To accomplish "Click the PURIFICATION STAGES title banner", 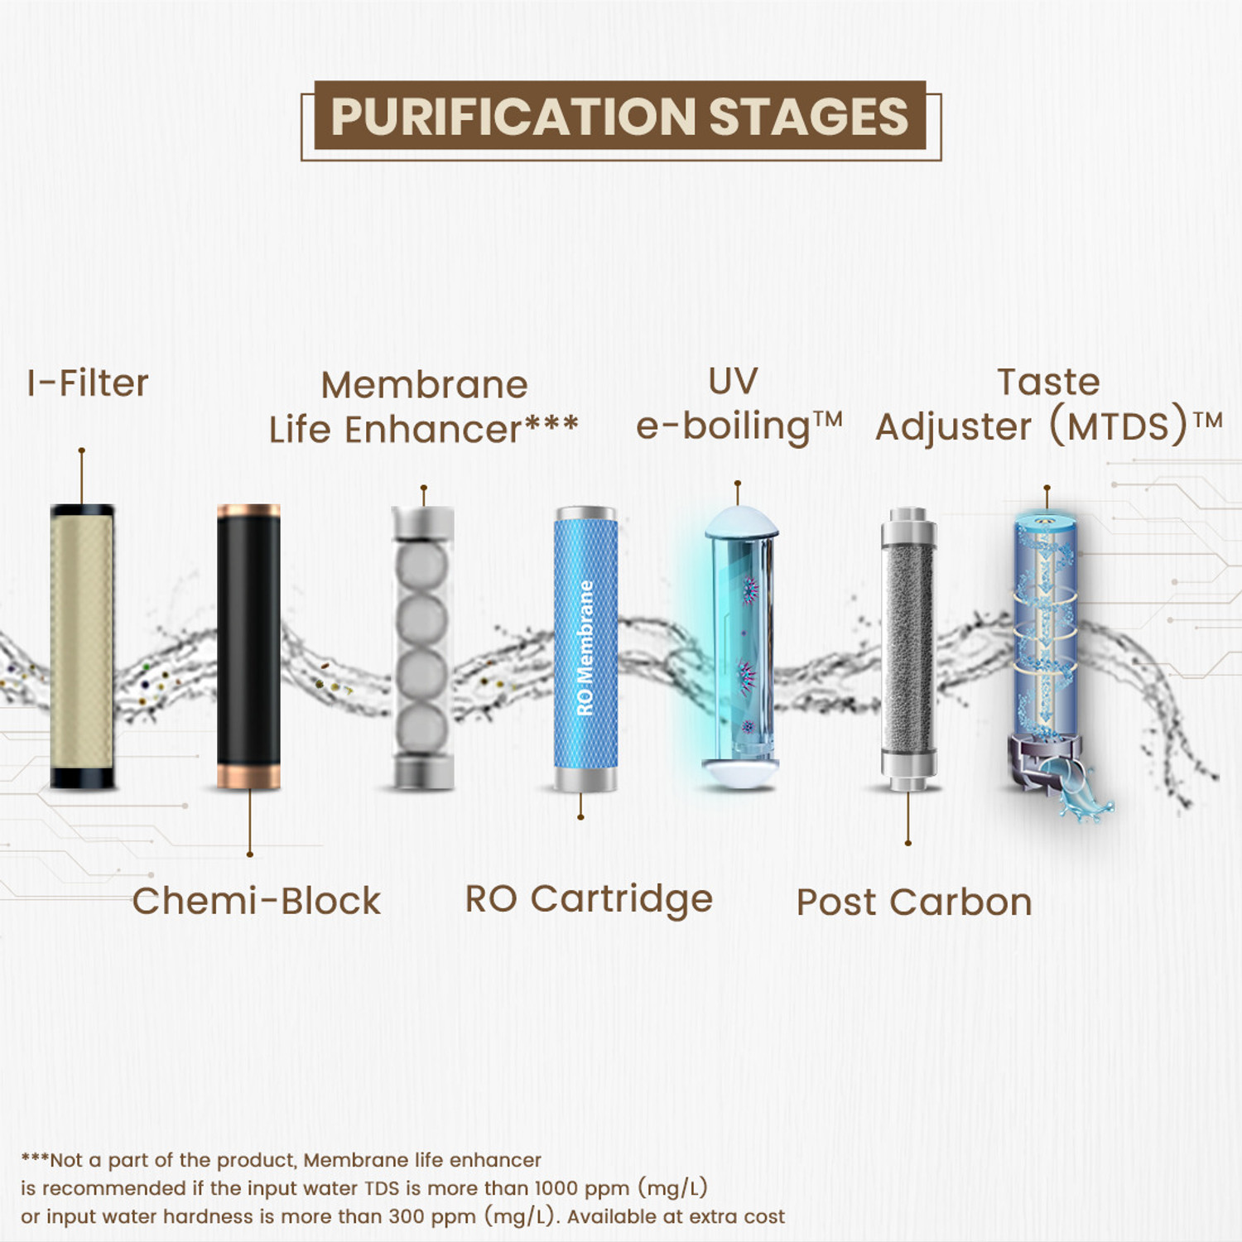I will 620,117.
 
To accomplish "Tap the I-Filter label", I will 88,383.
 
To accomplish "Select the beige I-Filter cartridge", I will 82,646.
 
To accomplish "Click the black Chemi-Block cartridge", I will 248,646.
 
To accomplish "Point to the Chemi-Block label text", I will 257,901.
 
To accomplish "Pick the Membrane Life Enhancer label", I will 424,407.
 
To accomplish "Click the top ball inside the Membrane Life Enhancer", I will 422,564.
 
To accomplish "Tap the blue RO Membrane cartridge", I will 585,646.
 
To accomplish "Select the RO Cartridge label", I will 589,899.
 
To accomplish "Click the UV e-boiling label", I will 739,406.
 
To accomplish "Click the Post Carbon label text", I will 914,903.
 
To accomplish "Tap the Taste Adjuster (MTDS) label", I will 1048,406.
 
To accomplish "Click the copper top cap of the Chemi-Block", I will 248,510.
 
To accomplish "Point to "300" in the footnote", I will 407,1216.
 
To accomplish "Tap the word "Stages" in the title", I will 809,117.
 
